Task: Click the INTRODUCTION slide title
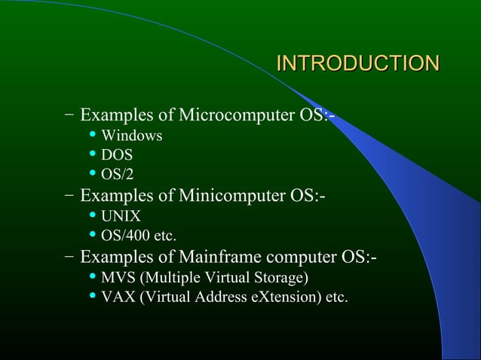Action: [x=357, y=63]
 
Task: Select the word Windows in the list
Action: [x=132, y=136]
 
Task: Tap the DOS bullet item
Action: [x=117, y=156]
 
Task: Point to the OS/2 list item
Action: [x=118, y=175]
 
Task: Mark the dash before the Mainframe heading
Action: [x=69, y=259]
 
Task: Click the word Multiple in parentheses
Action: [x=167, y=279]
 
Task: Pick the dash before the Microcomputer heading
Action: [x=69, y=116]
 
